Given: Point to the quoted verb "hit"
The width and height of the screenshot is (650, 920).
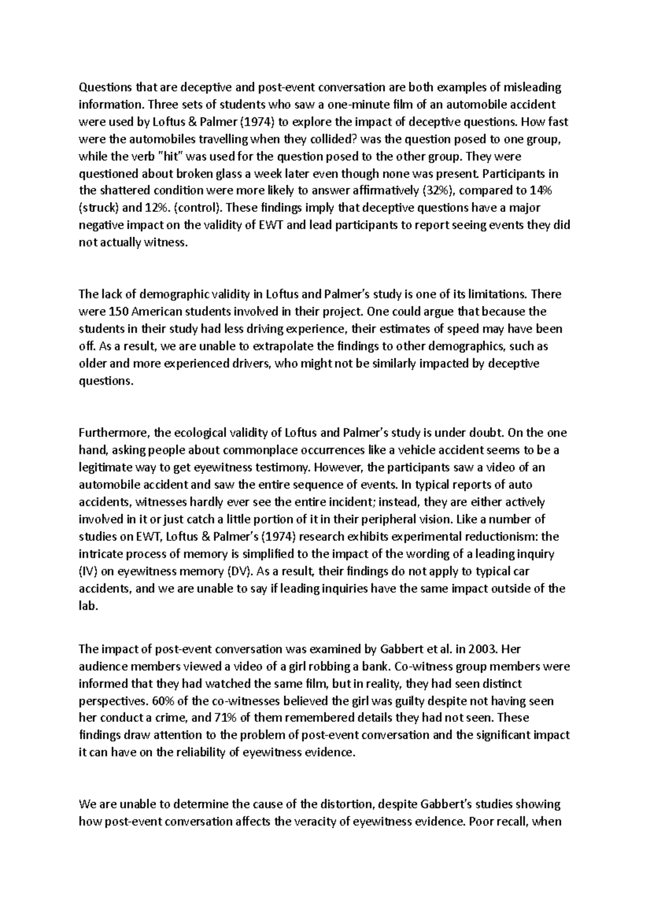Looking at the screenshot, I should pos(170,157).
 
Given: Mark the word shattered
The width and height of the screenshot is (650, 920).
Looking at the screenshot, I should pos(126,191).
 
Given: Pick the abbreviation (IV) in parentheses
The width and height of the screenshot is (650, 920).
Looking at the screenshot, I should pos(88,572).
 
